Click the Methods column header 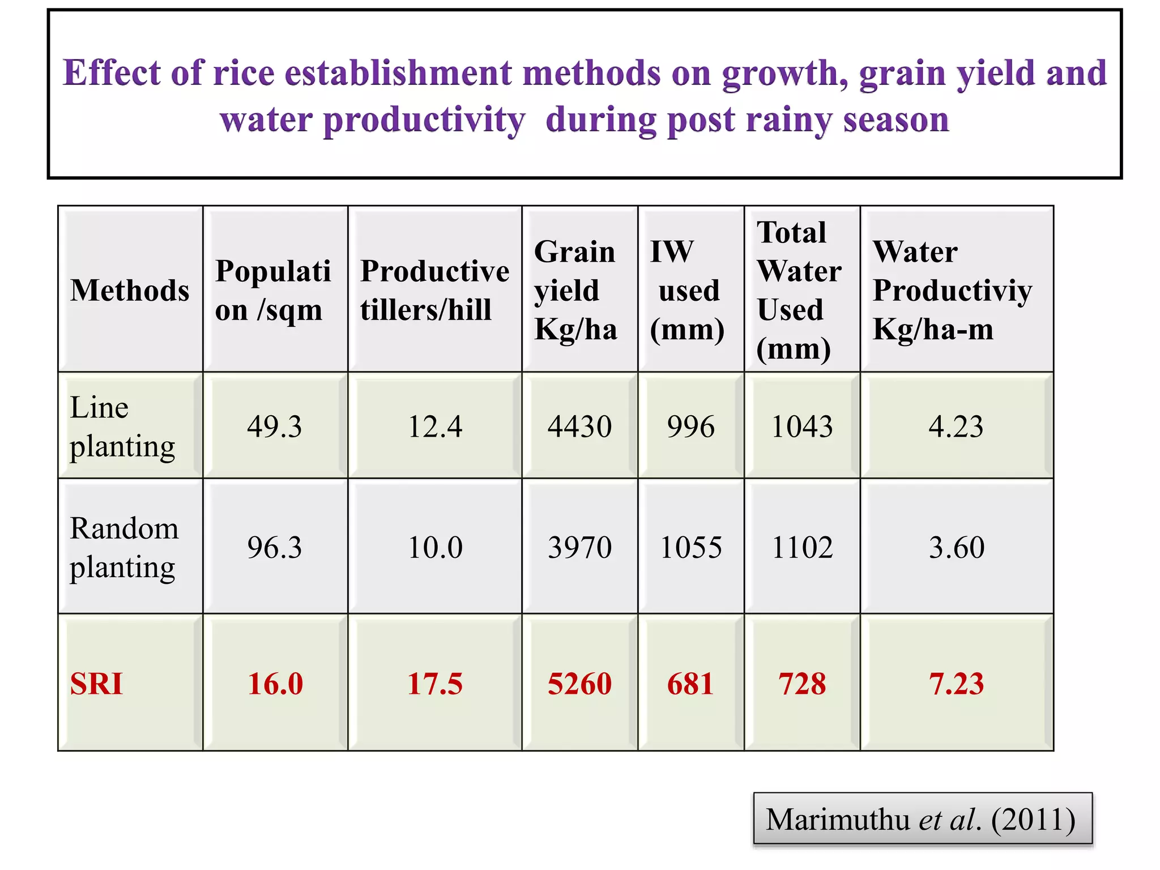(x=130, y=291)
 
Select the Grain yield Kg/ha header (x=575, y=291)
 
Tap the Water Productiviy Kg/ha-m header (x=952, y=291)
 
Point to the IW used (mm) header (x=687, y=291)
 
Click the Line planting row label (x=122, y=427)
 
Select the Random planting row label (x=124, y=547)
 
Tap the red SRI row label (x=96, y=684)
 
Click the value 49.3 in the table (x=275, y=427)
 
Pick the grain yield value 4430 (x=579, y=427)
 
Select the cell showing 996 (x=690, y=427)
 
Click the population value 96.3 (x=275, y=548)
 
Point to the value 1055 (x=691, y=548)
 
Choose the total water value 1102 (x=802, y=548)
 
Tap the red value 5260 (x=579, y=684)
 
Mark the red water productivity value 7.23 (x=956, y=684)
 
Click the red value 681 (x=690, y=684)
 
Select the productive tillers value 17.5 (x=434, y=684)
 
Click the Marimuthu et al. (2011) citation (x=921, y=819)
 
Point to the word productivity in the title (x=424, y=120)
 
